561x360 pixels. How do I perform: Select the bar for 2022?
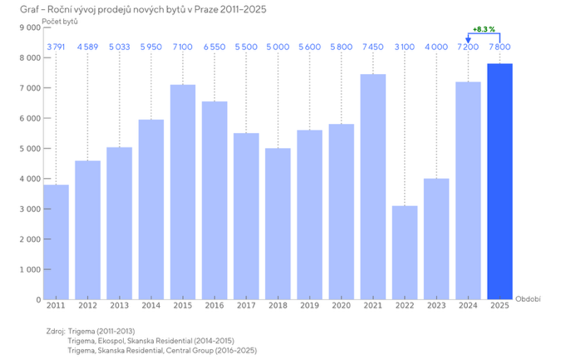(405, 253)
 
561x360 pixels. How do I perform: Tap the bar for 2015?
(183, 192)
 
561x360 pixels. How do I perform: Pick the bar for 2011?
(57, 242)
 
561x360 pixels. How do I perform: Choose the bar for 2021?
(373, 187)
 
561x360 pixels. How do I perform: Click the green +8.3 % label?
(484, 29)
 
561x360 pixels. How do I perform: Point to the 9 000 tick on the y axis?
(29, 27)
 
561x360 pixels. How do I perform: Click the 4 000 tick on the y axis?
(29, 179)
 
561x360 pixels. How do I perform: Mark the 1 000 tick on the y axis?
(29, 269)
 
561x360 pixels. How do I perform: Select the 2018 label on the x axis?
(278, 307)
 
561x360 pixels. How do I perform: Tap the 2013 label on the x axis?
(120, 307)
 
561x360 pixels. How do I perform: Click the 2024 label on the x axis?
(468, 307)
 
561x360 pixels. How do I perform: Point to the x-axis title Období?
(528, 298)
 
